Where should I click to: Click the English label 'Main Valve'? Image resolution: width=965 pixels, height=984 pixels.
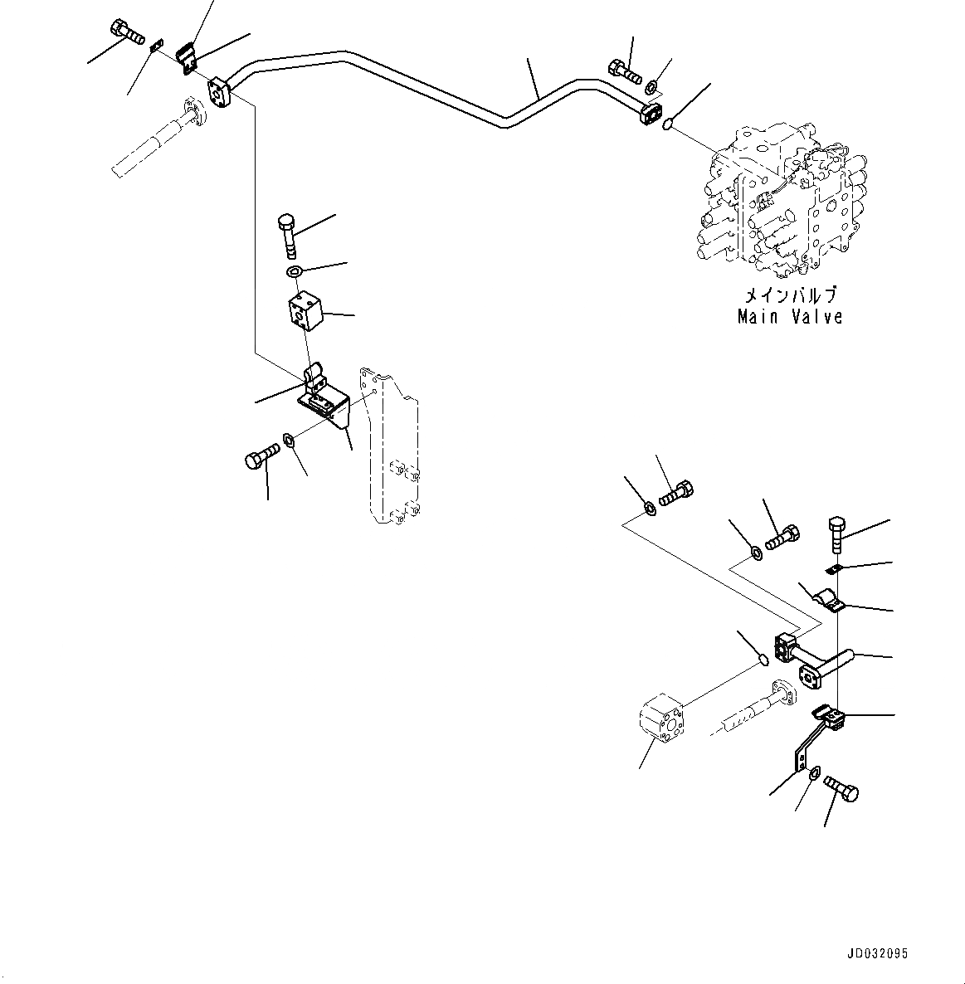click(x=790, y=316)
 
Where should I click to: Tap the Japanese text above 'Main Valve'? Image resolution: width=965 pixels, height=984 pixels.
click(x=790, y=295)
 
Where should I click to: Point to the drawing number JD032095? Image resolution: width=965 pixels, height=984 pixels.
click(x=878, y=954)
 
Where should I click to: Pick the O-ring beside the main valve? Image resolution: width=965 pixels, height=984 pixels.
click(x=668, y=125)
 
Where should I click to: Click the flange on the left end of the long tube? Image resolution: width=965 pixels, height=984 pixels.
click(x=220, y=92)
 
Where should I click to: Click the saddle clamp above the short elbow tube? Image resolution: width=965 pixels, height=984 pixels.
click(x=828, y=601)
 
